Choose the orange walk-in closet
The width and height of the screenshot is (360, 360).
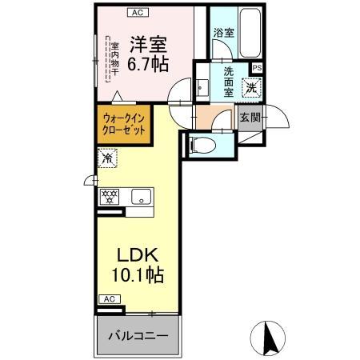click(x=123, y=127)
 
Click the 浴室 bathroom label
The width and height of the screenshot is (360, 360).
click(x=223, y=33)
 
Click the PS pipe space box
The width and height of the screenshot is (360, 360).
click(x=256, y=68)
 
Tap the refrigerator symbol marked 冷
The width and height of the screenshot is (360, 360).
click(x=106, y=159)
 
